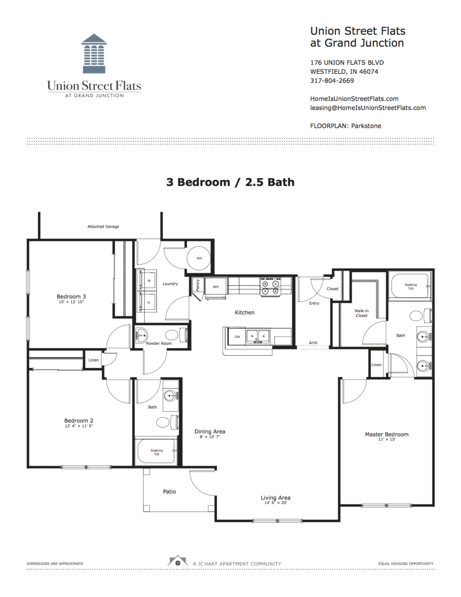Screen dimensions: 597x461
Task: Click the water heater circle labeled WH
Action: (x=199, y=258)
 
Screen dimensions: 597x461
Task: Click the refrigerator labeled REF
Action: (x=216, y=287)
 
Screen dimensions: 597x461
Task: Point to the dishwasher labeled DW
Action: (x=237, y=337)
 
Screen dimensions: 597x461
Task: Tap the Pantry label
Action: (x=198, y=285)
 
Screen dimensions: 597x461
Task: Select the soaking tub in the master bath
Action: (x=410, y=286)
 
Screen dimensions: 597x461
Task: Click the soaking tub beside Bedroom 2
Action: (x=156, y=452)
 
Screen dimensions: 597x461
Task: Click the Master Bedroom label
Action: (x=386, y=434)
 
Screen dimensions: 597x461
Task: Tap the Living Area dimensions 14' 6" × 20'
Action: (x=275, y=503)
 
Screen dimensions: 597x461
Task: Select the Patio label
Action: (x=169, y=491)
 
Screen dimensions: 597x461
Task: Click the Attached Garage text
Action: (x=103, y=226)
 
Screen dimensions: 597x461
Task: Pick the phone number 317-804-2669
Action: (x=332, y=81)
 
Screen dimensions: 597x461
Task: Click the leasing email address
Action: (x=368, y=108)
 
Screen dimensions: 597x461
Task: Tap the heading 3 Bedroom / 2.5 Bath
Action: (x=230, y=182)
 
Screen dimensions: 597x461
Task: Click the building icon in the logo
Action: (x=94, y=54)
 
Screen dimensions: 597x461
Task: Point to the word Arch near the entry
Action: (x=313, y=343)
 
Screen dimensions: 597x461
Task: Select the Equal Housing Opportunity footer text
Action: (x=406, y=564)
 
